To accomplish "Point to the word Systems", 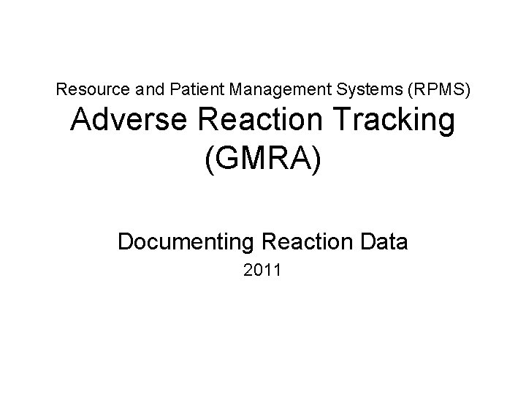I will coord(350,90).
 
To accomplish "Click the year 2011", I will coord(263,272).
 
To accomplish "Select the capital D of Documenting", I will coord(125,241).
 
